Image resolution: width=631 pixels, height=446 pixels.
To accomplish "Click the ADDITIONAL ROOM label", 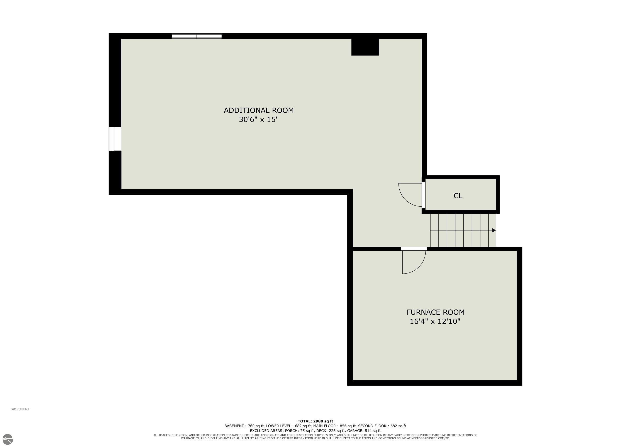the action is (259, 110).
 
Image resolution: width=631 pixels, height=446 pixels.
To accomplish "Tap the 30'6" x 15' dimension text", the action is (258, 120).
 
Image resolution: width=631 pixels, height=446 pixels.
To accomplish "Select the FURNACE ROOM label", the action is (436, 312).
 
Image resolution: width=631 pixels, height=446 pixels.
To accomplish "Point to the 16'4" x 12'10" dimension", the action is (435, 321).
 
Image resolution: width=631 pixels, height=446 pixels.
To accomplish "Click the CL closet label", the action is (458, 196).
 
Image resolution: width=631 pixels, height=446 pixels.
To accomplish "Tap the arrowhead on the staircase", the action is (494, 230).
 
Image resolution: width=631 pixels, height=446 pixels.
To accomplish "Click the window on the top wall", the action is (197, 36).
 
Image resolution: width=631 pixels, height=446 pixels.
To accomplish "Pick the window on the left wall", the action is (115, 139).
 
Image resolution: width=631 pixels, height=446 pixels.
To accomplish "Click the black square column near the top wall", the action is (365, 47).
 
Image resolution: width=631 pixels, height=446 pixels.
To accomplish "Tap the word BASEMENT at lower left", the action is (20, 409).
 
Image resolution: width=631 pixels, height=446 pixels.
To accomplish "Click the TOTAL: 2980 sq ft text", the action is (315, 421).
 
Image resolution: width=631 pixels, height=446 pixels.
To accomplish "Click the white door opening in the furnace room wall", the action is (414, 249).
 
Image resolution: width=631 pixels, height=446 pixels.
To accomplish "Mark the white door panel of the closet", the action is (424, 195).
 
